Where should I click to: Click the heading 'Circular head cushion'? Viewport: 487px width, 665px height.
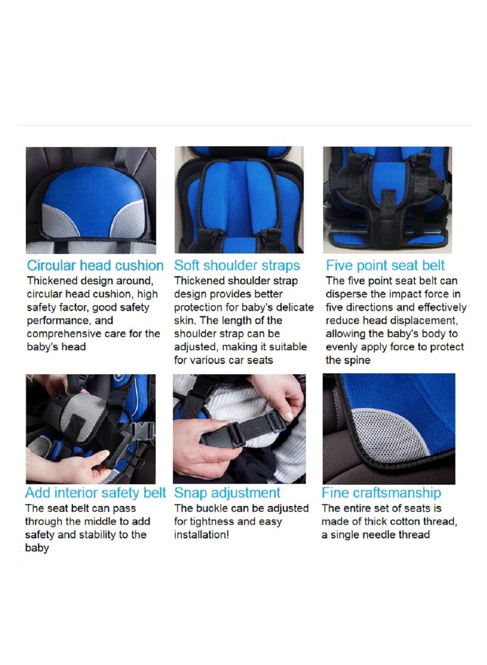95,266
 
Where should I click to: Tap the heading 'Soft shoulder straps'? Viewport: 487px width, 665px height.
237,266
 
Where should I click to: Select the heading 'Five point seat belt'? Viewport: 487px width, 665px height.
385,266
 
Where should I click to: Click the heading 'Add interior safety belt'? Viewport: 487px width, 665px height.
95,493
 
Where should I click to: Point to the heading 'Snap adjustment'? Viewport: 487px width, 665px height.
227,493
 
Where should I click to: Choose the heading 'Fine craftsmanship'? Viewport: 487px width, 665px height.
381,493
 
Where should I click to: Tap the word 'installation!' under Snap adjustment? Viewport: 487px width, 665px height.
201,535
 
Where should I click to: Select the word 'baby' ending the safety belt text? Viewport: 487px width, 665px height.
37,548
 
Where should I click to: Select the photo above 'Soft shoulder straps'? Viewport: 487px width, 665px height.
239,199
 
